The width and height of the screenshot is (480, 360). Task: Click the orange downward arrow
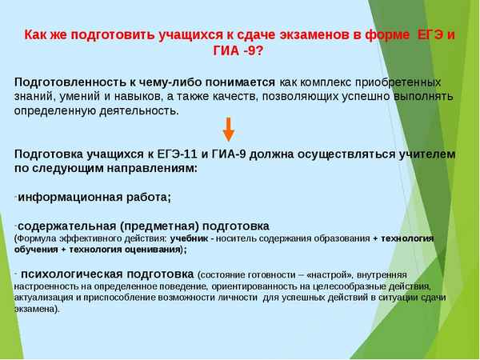(x=228, y=129)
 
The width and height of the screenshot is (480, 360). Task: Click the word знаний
(x=35, y=96)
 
